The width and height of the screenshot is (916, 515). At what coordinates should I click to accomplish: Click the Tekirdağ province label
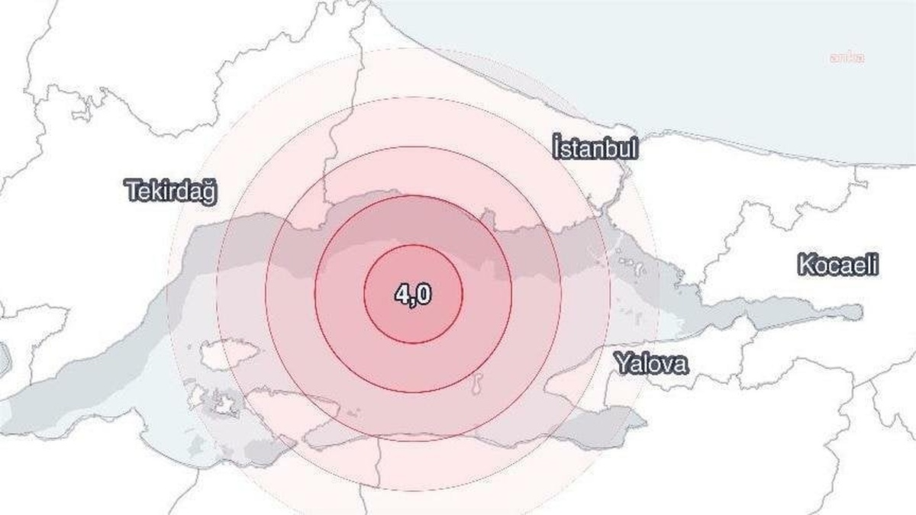[x=171, y=192]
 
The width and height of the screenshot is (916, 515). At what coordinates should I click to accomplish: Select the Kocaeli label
[x=838, y=266]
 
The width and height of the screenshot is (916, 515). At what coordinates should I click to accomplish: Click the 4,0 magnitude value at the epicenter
[x=413, y=295]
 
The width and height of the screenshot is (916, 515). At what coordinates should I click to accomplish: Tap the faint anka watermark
[x=847, y=57]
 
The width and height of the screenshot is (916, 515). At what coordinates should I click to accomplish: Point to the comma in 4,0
[x=413, y=301]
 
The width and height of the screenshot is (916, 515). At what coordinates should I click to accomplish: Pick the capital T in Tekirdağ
[x=132, y=191]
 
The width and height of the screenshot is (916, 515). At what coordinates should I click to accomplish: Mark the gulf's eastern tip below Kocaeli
[x=859, y=311]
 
